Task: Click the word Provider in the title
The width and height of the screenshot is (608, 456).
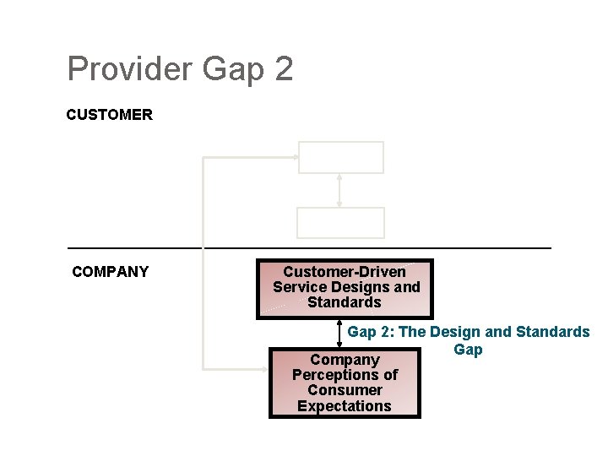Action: point(130,69)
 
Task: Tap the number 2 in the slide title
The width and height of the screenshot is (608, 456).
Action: point(283,69)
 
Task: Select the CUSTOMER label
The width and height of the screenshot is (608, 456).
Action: point(110,115)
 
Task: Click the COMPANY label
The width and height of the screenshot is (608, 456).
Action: point(111,272)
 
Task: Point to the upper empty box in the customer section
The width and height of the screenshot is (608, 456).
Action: point(340,157)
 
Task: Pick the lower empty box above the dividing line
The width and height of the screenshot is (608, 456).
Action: point(340,222)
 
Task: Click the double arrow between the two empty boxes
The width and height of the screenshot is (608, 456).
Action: point(339,190)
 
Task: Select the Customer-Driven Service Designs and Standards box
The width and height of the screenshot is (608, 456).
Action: point(345,288)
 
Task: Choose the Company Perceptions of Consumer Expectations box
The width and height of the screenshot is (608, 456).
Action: point(345,383)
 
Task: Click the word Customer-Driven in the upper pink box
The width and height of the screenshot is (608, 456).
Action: point(345,272)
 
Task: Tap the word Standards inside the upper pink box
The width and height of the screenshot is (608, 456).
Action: point(345,302)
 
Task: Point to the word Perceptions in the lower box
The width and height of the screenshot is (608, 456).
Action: point(345,375)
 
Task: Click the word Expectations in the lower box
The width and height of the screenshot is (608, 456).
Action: point(345,406)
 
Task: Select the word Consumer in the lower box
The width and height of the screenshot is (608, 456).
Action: point(345,390)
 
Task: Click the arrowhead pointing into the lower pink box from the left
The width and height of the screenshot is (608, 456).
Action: point(263,368)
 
